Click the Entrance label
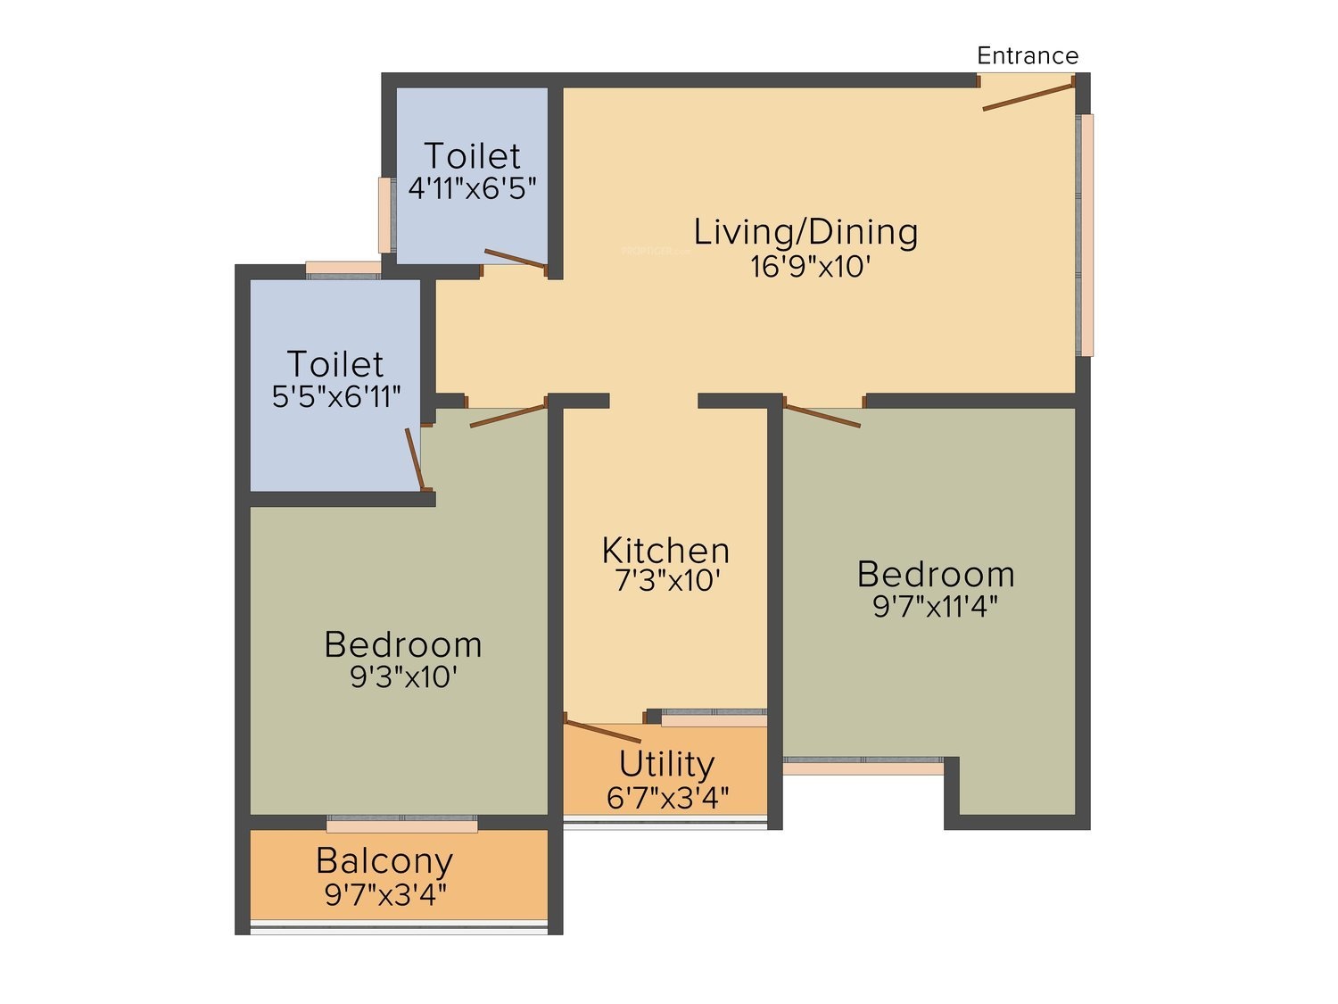pyautogui.click(x=1027, y=55)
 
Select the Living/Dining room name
pyautogui.click(x=805, y=232)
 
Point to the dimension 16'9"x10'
pyautogui.click(x=810, y=266)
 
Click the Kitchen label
pyautogui.click(x=665, y=551)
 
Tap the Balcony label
pyautogui.click(x=384, y=862)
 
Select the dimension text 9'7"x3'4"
pyautogui.click(x=386, y=895)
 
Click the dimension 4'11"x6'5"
pyautogui.click(x=472, y=189)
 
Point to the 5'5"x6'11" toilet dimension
pyautogui.click(x=336, y=397)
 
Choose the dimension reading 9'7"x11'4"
pyautogui.click(x=936, y=607)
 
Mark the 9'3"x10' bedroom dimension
pyautogui.click(x=403, y=676)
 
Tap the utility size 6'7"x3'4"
pyautogui.click(x=667, y=798)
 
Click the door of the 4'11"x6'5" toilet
pyautogui.click(x=515, y=259)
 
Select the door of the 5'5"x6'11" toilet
pyautogui.click(x=415, y=459)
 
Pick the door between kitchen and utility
pyautogui.click(x=602, y=732)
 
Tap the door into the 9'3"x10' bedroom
pyautogui.click(x=508, y=416)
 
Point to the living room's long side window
pyautogui.click(x=1085, y=235)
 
